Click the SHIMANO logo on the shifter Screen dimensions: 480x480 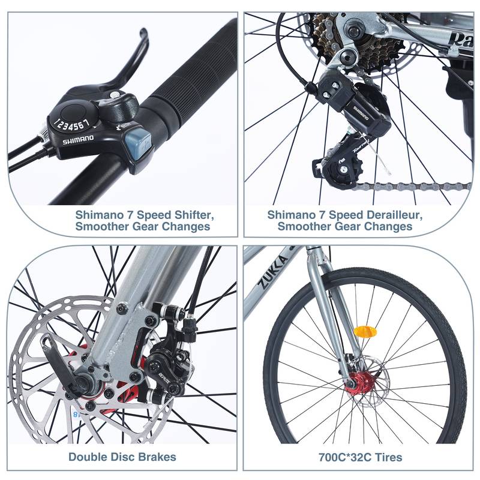[79, 139]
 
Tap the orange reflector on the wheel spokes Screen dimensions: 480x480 [364, 331]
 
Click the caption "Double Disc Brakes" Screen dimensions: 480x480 [122, 457]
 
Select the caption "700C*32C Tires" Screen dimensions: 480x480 [360, 457]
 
